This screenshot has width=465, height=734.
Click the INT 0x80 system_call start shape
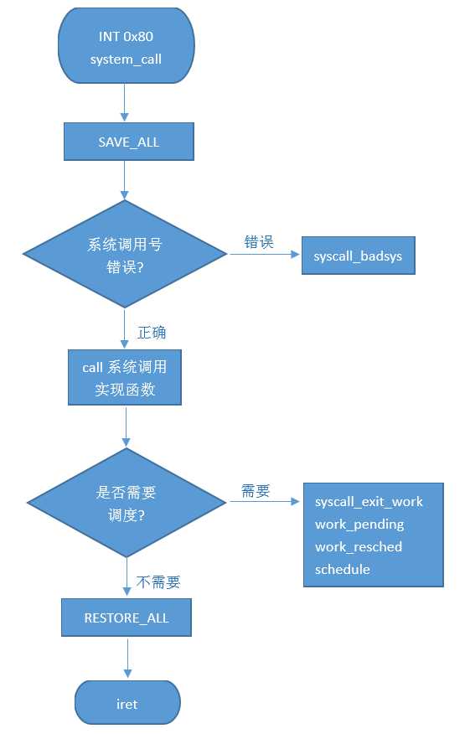pyautogui.click(x=126, y=48)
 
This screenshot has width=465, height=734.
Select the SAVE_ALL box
pyautogui.click(x=128, y=142)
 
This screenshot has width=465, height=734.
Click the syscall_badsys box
pyautogui.click(x=358, y=256)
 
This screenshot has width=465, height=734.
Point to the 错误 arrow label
pyautogui.click(x=259, y=242)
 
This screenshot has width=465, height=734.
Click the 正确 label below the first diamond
pyautogui.click(x=152, y=333)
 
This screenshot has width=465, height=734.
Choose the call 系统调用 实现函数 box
pyautogui.click(x=125, y=378)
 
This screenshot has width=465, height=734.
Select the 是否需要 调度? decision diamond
pyautogui.click(x=127, y=502)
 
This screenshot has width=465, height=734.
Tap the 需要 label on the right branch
pyautogui.click(x=256, y=492)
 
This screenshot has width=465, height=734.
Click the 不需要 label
pyautogui.click(x=158, y=582)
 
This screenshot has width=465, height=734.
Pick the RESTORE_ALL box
pyautogui.click(x=127, y=618)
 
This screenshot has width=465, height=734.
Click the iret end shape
pyautogui.click(x=127, y=704)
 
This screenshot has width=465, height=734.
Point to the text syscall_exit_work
pyautogui.click(x=369, y=502)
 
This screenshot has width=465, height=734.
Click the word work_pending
pyautogui.click(x=359, y=525)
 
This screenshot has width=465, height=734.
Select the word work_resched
pyautogui.click(x=359, y=547)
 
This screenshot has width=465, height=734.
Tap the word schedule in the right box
pyautogui.click(x=343, y=570)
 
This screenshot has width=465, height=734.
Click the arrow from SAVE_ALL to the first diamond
pyautogui.click(x=125, y=180)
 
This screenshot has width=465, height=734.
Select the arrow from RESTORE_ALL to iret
pyautogui.click(x=127, y=658)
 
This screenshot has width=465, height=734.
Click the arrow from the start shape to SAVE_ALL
pyautogui.click(x=125, y=102)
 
